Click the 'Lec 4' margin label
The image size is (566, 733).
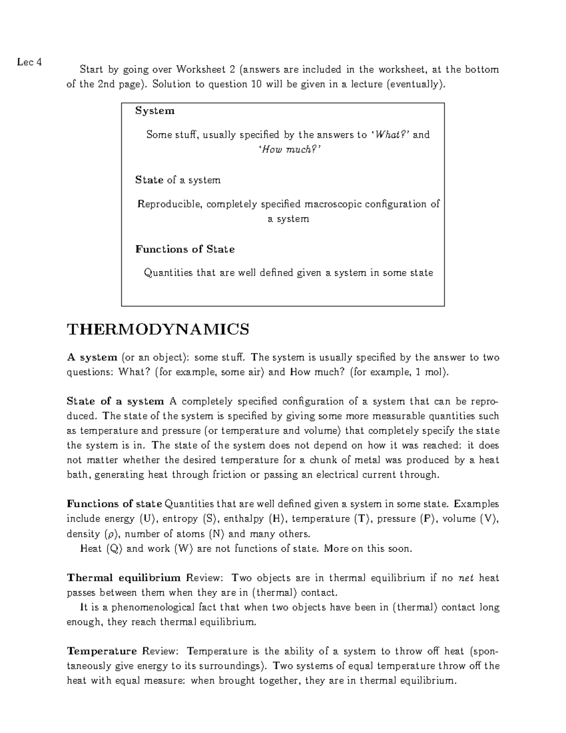click(x=29, y=62)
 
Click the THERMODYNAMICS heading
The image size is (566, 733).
click(x=158, y=329)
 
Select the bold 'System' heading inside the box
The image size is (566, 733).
click(x=155, y=111)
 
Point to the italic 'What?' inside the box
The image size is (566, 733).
click(x=392, y=135)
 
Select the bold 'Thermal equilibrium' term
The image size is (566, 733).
click(x=124, y=578)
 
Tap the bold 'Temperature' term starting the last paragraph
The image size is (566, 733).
click(x=102, y=651)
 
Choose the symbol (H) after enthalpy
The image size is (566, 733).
click(x=276, y=519)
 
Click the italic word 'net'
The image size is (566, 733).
click(x=466, y=578)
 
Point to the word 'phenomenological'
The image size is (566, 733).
click(x=154, y=607)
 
